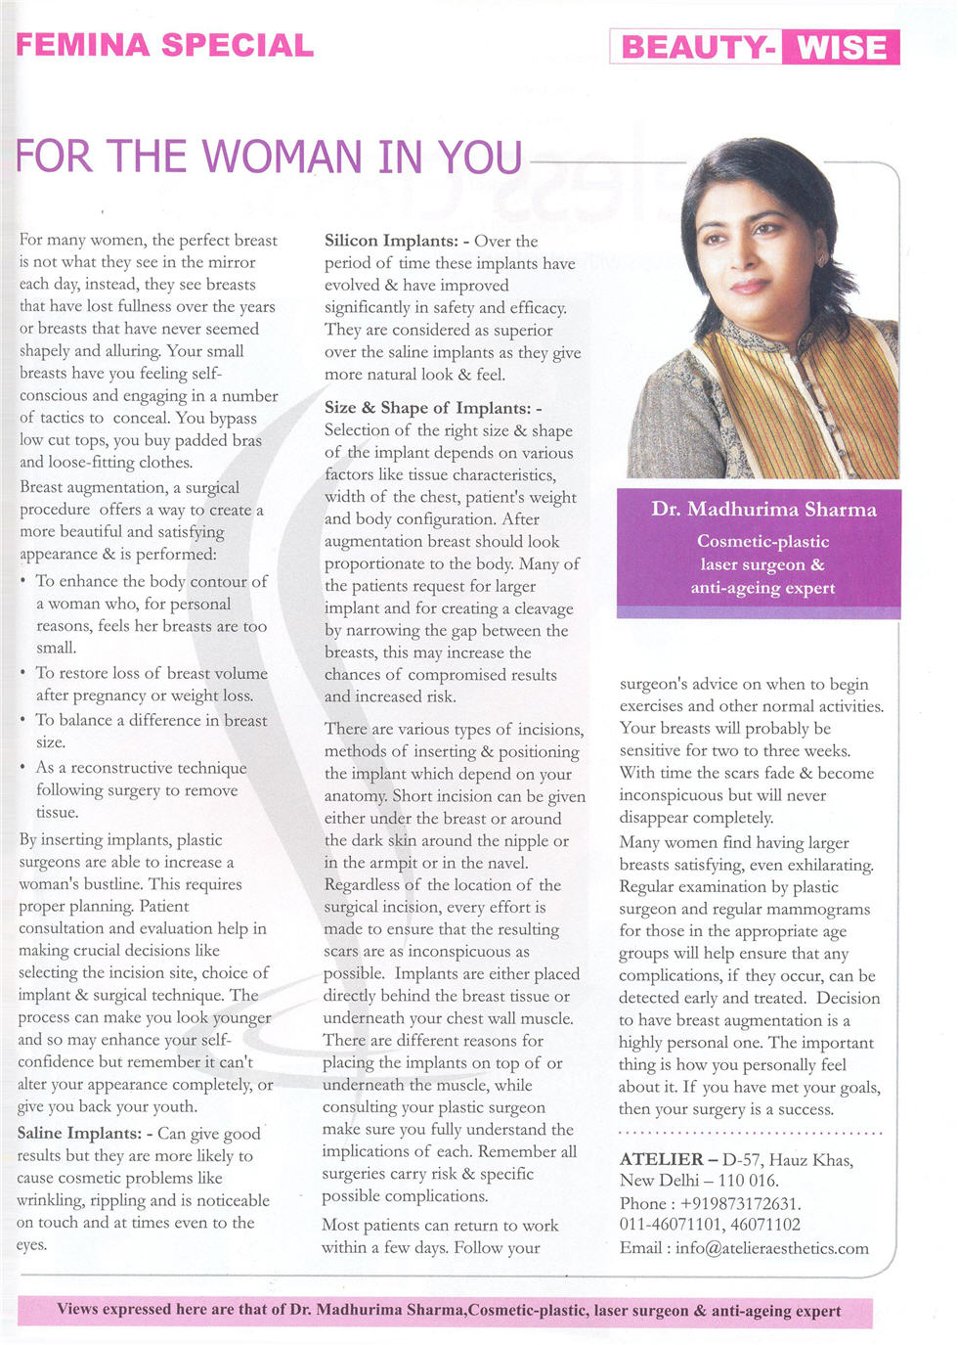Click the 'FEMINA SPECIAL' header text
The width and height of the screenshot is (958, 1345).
[x=164, y=45]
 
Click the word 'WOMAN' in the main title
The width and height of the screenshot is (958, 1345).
[x=269, y=157]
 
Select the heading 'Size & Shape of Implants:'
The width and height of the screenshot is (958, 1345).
[x=432, y=408]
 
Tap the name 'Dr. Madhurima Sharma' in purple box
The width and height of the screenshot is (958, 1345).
[x=763, y=509]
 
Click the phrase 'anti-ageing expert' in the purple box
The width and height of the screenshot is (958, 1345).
[x=762, y=588]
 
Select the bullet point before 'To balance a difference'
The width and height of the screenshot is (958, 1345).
[x=23, y=721]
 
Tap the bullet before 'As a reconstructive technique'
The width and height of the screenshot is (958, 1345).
[x=23, y=768]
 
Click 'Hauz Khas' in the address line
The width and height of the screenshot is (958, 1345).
[x=811, y=1160]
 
